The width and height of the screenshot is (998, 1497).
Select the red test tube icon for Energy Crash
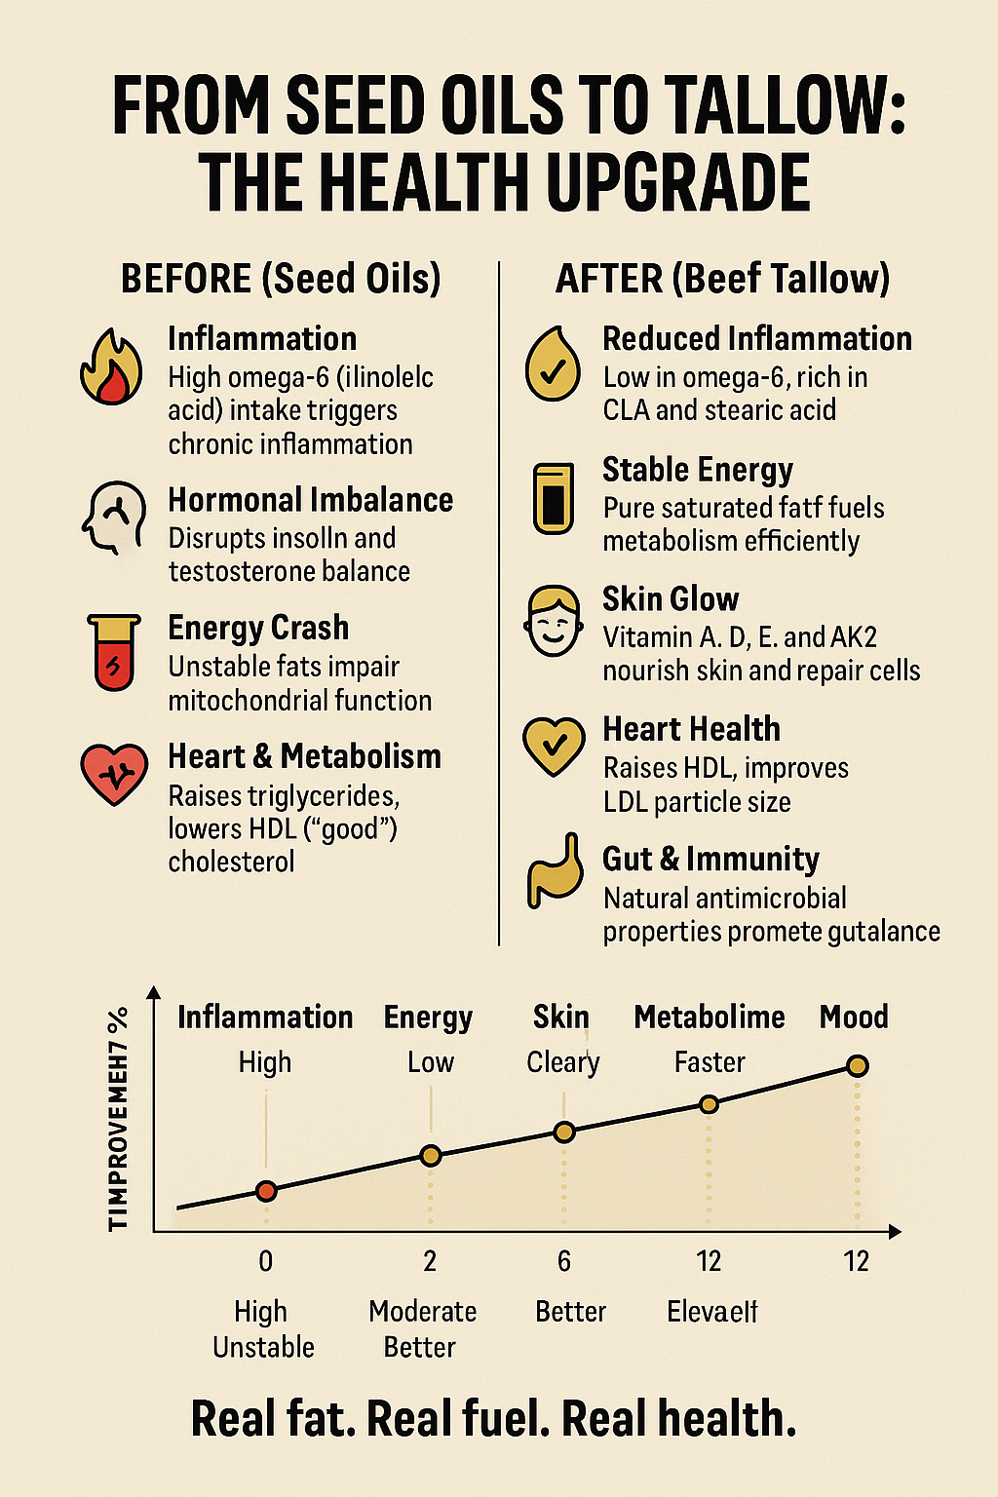click(114, 651)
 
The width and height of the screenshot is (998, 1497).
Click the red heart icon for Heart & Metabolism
click(114, 774)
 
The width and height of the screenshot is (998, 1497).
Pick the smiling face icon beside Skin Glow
click(553, 620)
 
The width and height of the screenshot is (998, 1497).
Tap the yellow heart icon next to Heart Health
click(554, 746)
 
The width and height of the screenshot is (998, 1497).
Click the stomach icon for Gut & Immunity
click(555, 870)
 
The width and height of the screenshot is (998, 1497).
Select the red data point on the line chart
click(266, 1190)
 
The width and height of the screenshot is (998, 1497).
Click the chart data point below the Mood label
click(857, 1066)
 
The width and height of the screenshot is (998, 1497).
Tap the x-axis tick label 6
click(564, 1261)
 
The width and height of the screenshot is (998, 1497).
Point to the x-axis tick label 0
click(266, 1261)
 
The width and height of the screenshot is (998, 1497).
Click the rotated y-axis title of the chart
click(119, 1119)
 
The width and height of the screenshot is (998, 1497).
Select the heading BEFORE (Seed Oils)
click(281, 279)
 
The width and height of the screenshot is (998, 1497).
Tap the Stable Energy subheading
click(698, 470)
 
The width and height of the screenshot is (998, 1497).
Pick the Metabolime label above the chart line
click(710, 1017)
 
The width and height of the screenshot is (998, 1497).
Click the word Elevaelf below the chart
click(712, 1312)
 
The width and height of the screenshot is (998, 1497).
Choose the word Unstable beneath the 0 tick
click(263, 1347)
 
